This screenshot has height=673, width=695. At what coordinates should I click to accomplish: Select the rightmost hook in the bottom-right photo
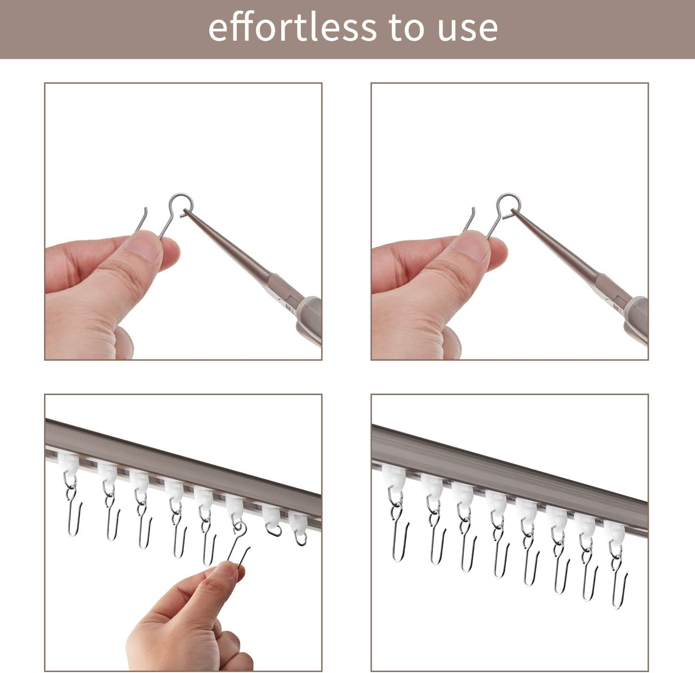[x=619, y=584]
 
